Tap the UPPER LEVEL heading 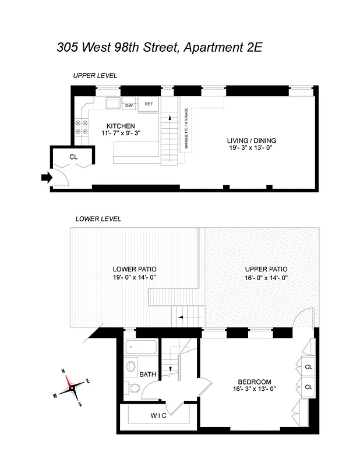[95, 76]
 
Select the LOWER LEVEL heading [98, 219]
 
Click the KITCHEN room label [121, 126]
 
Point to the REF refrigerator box [149, 104]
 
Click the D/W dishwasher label [129, 105]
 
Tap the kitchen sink [112, 104]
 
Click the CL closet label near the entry [73, 157]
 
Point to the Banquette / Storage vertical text [186, 129]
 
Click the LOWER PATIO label [135, 269]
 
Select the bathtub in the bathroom [140, 349]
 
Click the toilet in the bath [133, 389]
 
